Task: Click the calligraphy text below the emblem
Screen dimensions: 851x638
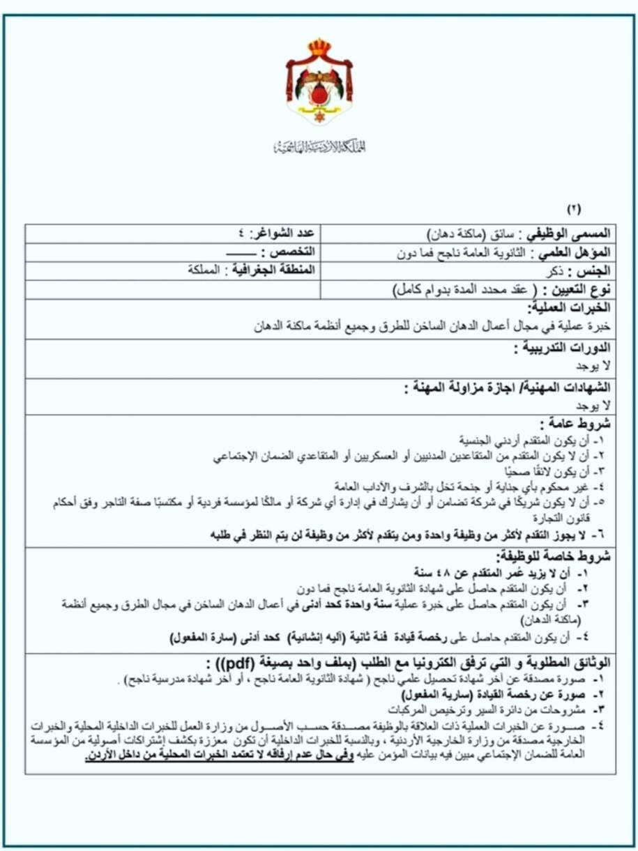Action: [319, 146]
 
